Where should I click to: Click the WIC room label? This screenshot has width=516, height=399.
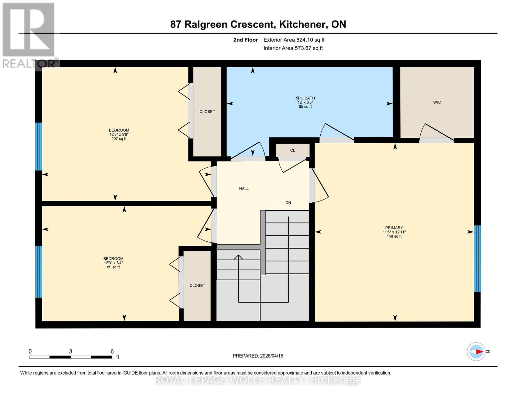point(437,102)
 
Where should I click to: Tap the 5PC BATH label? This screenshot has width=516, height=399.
point(305,98)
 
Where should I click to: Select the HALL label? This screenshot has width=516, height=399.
point(244,189)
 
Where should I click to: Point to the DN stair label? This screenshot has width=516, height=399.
point(288,203)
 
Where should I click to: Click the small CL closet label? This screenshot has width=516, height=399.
point(292,150)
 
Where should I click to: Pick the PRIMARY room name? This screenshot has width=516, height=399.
point(394,228)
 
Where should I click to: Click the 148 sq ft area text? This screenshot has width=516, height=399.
point(394,236)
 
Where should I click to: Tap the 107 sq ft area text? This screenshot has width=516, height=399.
point(119,139)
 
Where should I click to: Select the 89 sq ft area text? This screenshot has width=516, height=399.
point(113,267)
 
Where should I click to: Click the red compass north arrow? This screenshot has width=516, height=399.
point(479,352)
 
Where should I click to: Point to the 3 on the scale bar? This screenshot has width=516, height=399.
point(70,351)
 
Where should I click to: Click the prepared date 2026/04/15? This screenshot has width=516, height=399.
point(272,356)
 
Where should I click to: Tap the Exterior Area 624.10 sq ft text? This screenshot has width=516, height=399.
point(294,40)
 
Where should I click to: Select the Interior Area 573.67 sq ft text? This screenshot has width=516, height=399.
point(293,48)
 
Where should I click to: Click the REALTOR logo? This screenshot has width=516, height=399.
point(30,36)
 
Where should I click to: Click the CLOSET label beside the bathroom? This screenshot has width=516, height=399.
point(207,112)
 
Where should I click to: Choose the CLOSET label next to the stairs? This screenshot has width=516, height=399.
point(197,285)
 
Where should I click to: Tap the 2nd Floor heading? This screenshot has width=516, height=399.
point(246,40)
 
